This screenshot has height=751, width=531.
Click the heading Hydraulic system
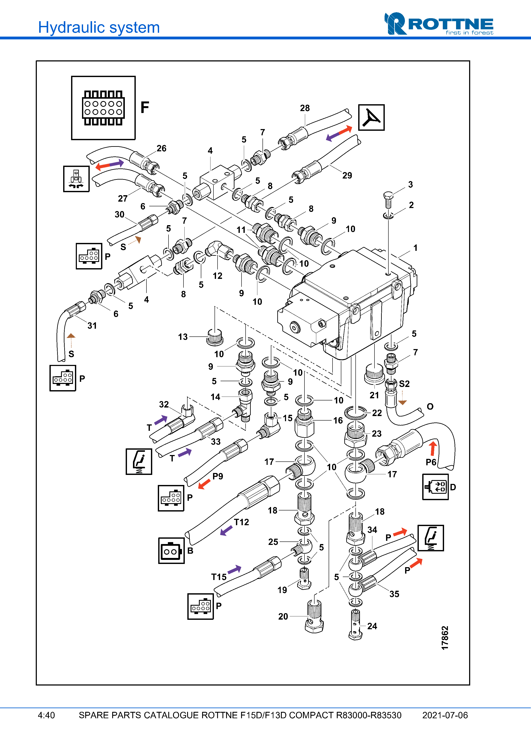(99, 27)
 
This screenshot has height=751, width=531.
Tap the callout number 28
(305, 108)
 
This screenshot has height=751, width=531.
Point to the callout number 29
(347, 176)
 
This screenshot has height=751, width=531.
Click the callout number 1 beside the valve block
(415, 248)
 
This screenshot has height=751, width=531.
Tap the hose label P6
(431, 462)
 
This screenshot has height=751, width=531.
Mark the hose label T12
(242, 522)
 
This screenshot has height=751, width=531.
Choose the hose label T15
(219, 577)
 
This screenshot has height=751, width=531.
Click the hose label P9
(218, 476)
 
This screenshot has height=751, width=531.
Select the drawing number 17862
(445, 638)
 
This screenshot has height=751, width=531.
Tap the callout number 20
(283, 617)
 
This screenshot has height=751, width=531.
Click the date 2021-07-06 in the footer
(445, 715)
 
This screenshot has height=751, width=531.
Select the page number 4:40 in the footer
(46, 715)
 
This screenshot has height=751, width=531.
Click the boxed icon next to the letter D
(435, 487)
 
